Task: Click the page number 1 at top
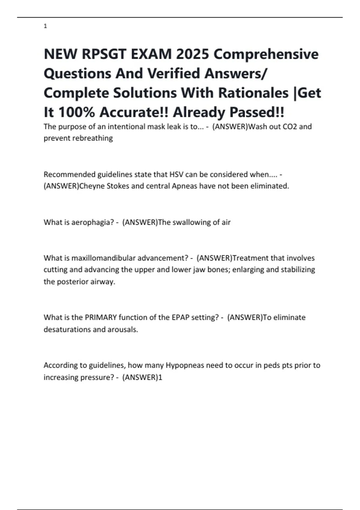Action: click(45, 26)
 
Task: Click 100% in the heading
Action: click(76, 112)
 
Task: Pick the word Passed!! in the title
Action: click(257, 112)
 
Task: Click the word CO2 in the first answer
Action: click(290, 127)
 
